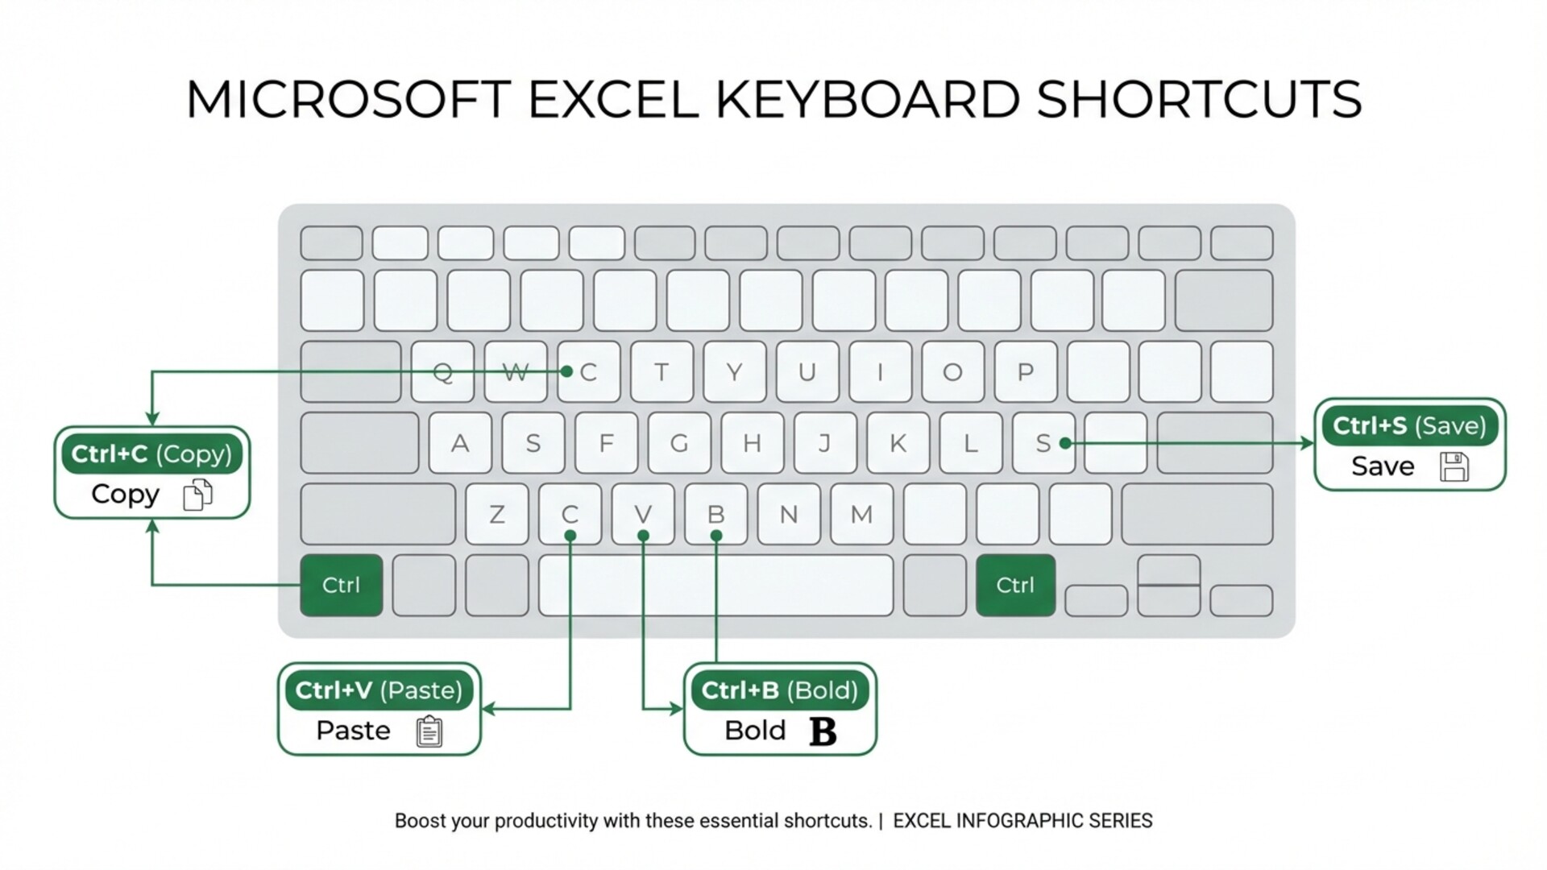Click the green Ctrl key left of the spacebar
click(x=341, y=585)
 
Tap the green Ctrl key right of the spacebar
click(x=1015, y=585)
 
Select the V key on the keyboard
click(x=643, y=514)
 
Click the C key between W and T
click(x=589, y=372)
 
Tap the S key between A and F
click(x=533, y=443)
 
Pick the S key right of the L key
click(x=1043, y=443)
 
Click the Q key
click(x=442, y=372)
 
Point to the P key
click(x=1026, y=372)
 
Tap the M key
click(x=861, y=514)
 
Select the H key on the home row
click(x=752, y=443)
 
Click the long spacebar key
click(x=715, y=585)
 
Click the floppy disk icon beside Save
click(x=1454, y=466)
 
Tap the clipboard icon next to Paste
click(x=429, y=731)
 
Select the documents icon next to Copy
click(x=197, y=495)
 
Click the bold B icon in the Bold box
click(x=823, y=731)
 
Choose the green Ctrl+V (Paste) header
click(x=379, y=690)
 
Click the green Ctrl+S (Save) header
click(x=1409, y=425)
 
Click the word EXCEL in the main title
click(x=613, y=100)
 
